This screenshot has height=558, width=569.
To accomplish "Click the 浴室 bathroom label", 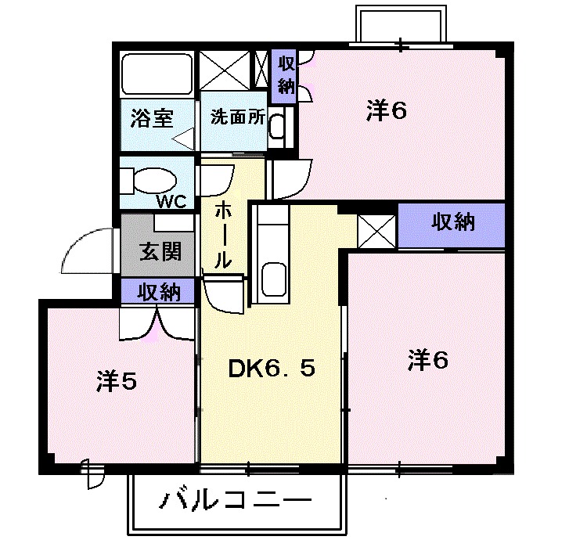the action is coord(152,118).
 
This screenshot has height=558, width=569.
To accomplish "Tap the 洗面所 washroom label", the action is coord(238,117).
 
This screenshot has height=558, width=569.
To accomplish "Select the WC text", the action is coord(171,201).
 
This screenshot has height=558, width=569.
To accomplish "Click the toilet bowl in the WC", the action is coord(155,179).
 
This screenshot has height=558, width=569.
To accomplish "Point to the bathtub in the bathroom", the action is coord(157,74).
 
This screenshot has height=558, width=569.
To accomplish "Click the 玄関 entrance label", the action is coord(160,251).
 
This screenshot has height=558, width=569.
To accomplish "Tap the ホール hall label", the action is coord(222,235).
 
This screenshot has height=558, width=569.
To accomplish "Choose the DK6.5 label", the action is coord(272,369).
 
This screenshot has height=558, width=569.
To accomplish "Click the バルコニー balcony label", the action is coord(236,501).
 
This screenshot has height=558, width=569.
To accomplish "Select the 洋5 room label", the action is coord(117,381).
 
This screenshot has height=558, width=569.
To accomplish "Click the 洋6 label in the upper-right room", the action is coord(387,110).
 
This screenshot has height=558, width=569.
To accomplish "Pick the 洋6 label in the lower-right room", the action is coord(428,360).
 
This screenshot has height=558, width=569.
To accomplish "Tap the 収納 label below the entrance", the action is coord(159,292).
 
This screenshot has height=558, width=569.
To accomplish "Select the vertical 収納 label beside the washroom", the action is coord(286,75).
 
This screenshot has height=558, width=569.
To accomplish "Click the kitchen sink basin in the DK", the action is coord(274,279).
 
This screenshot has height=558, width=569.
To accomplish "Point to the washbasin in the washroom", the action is coord(277,126).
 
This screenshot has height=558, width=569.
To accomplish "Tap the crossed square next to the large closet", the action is coord(376,232).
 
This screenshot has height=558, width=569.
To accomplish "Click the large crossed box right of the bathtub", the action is coord(225,70).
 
